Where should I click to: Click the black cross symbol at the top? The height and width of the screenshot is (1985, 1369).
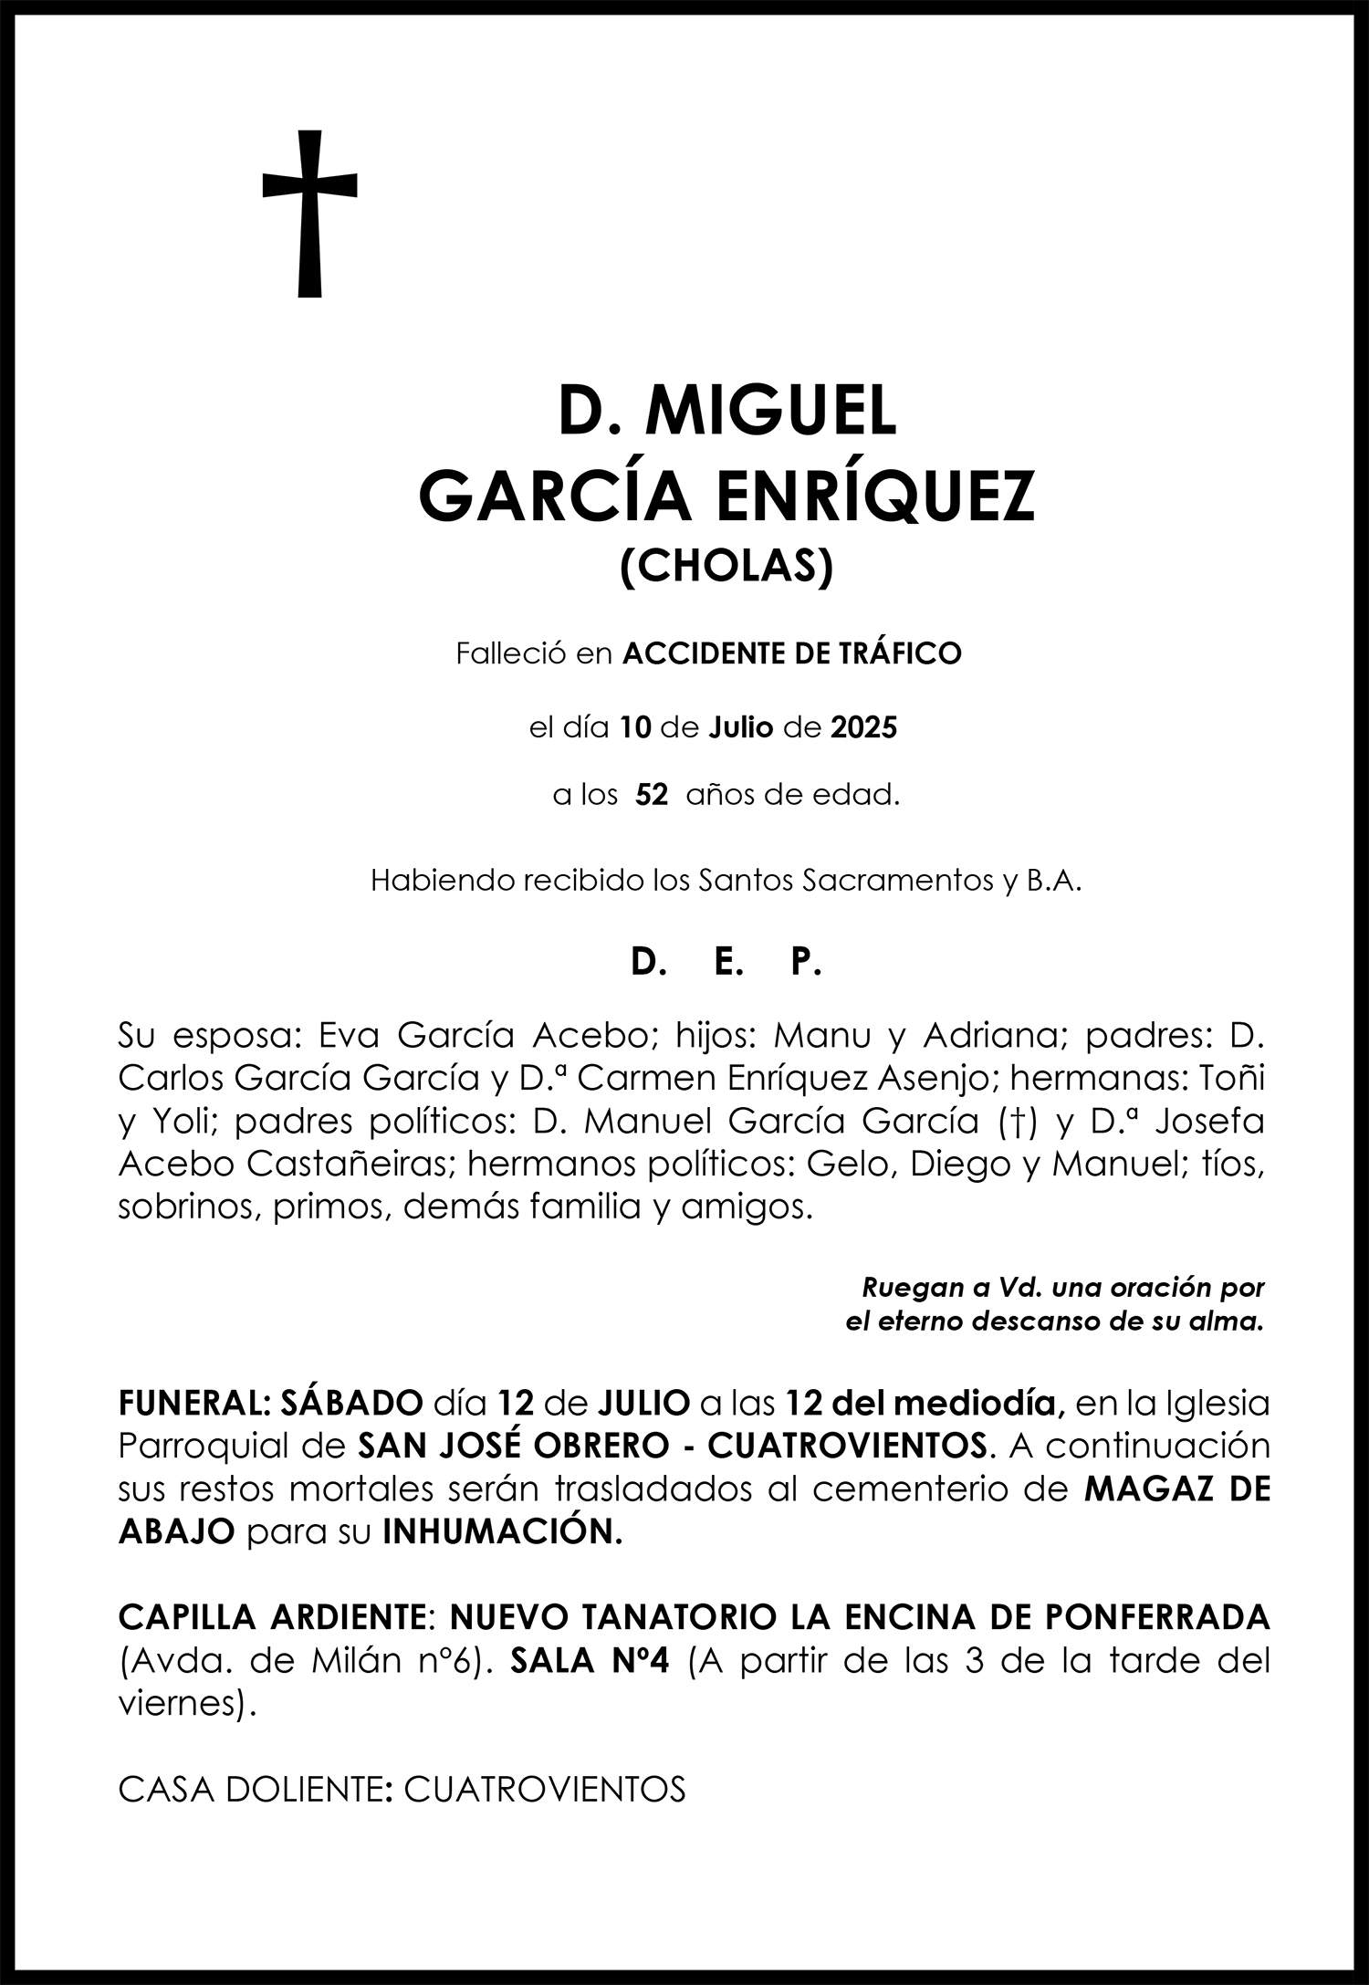click(309, 214)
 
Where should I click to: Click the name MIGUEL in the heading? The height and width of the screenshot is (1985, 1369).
click(770, 412)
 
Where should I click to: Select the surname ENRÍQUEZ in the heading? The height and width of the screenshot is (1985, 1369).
click(875, 496)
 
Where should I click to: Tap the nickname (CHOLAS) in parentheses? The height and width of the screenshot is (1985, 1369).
click(726, 567)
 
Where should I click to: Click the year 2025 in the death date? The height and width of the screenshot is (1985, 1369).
click(863, 727)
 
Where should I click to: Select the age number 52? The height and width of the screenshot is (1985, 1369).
click(652, 795)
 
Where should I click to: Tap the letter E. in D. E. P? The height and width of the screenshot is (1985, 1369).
click(726, 963)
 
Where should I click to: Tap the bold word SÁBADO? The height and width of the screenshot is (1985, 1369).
click(351, 1402)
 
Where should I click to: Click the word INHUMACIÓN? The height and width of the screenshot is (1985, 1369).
click(502, 1532)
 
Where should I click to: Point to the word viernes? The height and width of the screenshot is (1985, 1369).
click(181, 1704)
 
